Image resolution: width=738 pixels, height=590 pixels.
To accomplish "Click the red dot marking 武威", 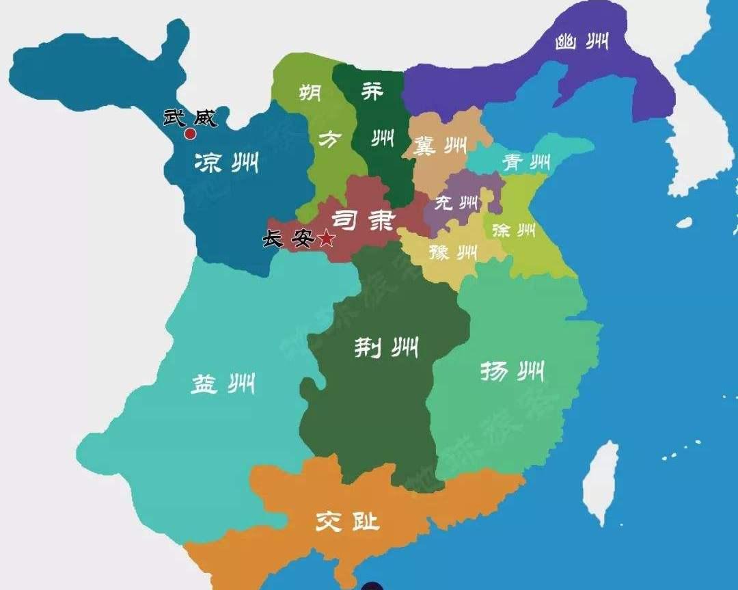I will point(190,134).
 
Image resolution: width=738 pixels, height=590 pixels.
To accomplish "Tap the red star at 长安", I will point(327,239).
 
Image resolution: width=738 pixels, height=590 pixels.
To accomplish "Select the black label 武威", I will point(189,118).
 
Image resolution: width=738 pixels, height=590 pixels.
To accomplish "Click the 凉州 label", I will point(225,163).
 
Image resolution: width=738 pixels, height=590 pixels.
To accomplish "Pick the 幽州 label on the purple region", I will point(583,42).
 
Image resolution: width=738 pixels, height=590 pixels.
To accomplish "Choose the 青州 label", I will point(526,163).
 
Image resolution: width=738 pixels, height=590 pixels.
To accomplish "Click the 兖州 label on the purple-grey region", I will point(456,203).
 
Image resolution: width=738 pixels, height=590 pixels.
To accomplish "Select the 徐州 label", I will point(513,230).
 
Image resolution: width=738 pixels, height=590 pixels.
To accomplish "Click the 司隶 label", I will point(364,220).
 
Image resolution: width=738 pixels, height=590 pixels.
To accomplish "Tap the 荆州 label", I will point(386,348).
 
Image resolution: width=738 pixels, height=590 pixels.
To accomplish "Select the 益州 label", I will point(222,384).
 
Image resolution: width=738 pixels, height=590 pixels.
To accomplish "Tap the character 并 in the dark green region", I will point(372,91).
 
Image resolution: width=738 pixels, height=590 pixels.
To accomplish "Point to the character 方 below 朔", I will point(330,140).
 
